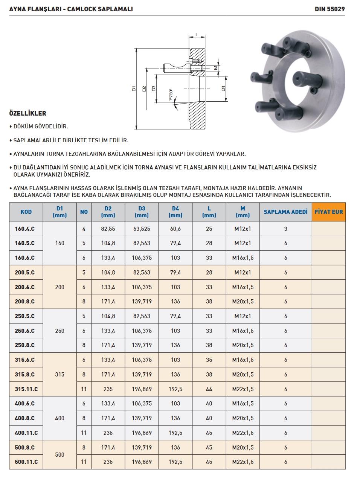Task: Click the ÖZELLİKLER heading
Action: coord(27,113)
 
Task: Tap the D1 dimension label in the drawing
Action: coord(134,89)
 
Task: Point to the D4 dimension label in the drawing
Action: coord(223,89)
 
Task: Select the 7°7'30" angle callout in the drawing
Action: coord(171,95)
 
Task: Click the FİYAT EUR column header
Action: coord(328,212)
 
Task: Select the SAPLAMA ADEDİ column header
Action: coord(285,212)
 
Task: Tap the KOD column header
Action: coord(26,212)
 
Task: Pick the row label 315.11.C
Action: coord(26,389)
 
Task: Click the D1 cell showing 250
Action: coord(59,331)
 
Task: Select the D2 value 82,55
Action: coord(108,229)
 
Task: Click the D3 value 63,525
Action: coord(142,229)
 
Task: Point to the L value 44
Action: coord(209,389)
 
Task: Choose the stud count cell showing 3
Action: coord(285,229)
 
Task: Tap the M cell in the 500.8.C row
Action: coord(243,447)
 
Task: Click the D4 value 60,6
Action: coord(175,229)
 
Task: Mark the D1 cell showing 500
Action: coord(59,454)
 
